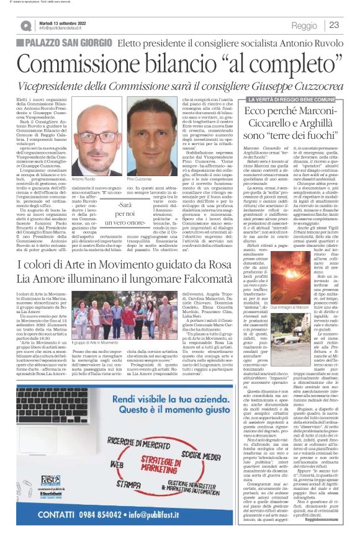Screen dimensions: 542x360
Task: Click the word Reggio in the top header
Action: (304, 25)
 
